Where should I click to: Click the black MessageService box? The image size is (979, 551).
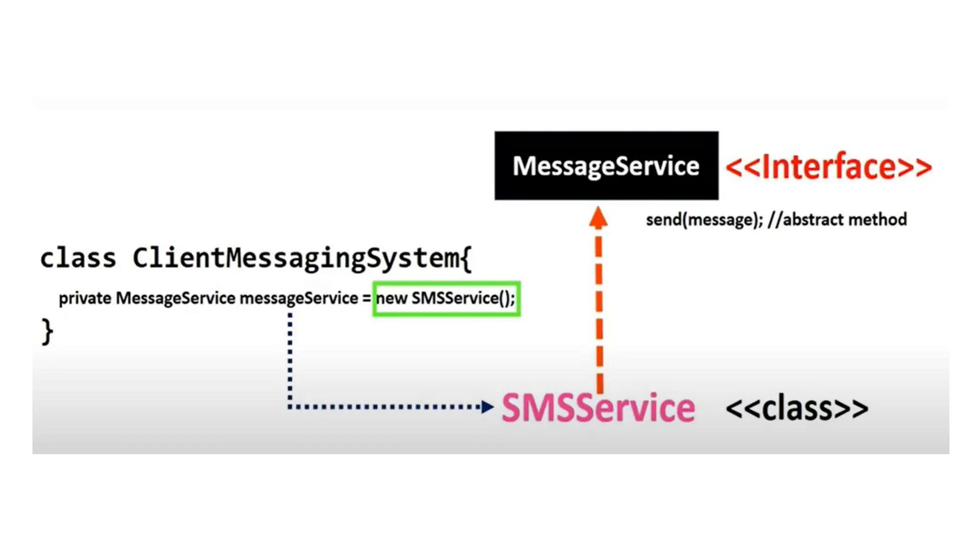[x=606, y=165]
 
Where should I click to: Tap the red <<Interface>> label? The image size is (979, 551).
[x=828, y=167]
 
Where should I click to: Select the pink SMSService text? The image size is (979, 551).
[x=598, y=408]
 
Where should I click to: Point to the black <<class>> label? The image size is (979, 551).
[x=796, y=408]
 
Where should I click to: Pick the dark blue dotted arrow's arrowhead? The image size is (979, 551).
[x=487, y=407]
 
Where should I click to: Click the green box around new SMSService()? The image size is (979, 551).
[x=446, y=298]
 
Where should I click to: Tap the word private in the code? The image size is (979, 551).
[x=85, y=298]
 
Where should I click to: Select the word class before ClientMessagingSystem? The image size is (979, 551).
[x=78, y=258]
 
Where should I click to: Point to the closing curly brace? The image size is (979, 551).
[x=47, y=331]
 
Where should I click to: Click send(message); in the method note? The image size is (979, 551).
[x=704, y=220]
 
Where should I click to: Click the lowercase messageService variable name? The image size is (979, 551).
[x=299, y=298]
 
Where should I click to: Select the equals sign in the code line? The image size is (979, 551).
[x=366, y=298]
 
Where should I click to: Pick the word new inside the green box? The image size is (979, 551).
[x=392, y=298]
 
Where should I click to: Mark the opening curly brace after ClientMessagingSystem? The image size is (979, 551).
[x=467, y=259]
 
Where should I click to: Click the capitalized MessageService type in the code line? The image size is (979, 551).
[x=175, y=298]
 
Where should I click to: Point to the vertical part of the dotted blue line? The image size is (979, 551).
[x=290, y=359]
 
